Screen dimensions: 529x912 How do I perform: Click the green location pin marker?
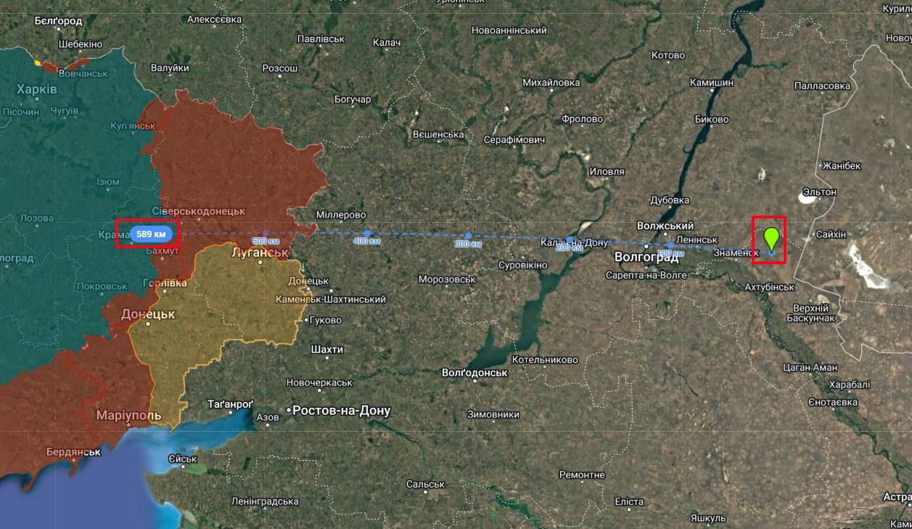click(x=771, y=238)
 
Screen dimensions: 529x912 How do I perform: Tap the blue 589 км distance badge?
click(x=151, y=234)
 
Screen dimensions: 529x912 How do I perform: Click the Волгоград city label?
click(x=646, y=258)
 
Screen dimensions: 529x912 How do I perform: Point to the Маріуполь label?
click(x=128, y=416)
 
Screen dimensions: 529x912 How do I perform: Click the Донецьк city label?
click(x=148, y=315)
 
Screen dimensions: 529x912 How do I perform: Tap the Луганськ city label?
click(x=260, y=253)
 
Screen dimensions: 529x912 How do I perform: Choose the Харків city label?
click(x=36, y=89)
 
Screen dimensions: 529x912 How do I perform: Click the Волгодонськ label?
click(x=474, y=373)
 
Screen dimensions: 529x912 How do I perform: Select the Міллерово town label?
click(x=340, y=216)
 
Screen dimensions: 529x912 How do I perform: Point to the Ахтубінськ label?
click(x=769, y=287)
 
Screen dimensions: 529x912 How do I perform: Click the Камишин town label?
click(x=711, y=83)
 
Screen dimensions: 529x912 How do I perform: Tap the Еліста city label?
click(x=628, y=502)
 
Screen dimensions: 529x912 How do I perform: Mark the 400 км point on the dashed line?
click(x=367, y=234)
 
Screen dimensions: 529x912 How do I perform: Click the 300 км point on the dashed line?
click(x=468, y=236)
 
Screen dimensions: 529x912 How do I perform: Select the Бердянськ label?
click(x=73, y=452)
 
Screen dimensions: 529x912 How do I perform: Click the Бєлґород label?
click(x=58, y=21)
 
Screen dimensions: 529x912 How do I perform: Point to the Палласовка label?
click(x=822, y=86)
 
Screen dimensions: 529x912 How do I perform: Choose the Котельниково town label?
click(x=544, y=360)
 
